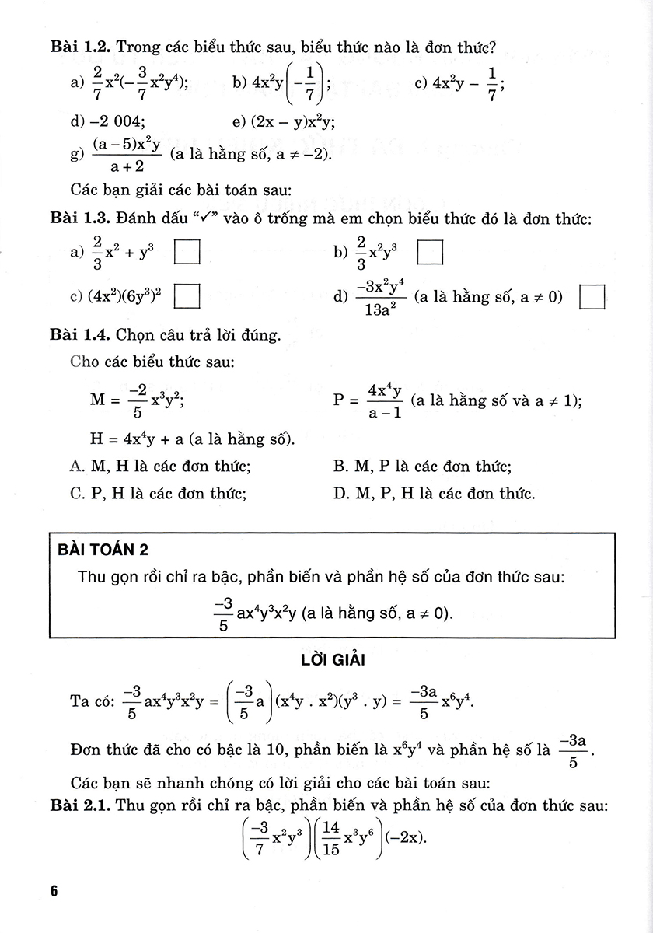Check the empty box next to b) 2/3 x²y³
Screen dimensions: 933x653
[430, 253]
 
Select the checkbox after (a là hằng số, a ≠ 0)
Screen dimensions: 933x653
[593, 298]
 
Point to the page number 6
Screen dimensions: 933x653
[54, 891]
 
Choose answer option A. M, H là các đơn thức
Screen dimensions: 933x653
[159, 466]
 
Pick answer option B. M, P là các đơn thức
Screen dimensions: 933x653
[421, 466]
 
